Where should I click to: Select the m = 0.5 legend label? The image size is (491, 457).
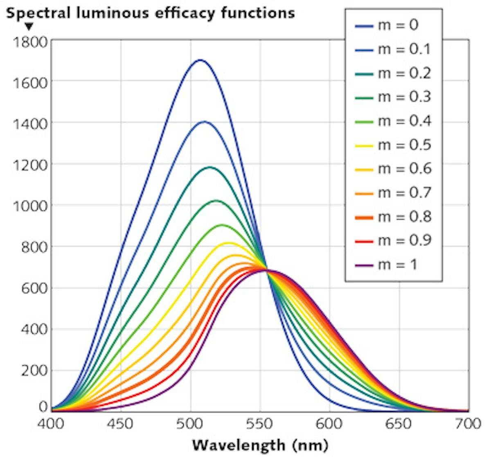404,145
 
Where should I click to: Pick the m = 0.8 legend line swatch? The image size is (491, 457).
364,217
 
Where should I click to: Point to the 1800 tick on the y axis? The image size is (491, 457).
30,42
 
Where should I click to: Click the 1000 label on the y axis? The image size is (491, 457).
30,206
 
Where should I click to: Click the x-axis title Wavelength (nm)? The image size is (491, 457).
260,445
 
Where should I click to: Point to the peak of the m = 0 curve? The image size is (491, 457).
200,60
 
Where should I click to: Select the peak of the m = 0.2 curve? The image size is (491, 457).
210,167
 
